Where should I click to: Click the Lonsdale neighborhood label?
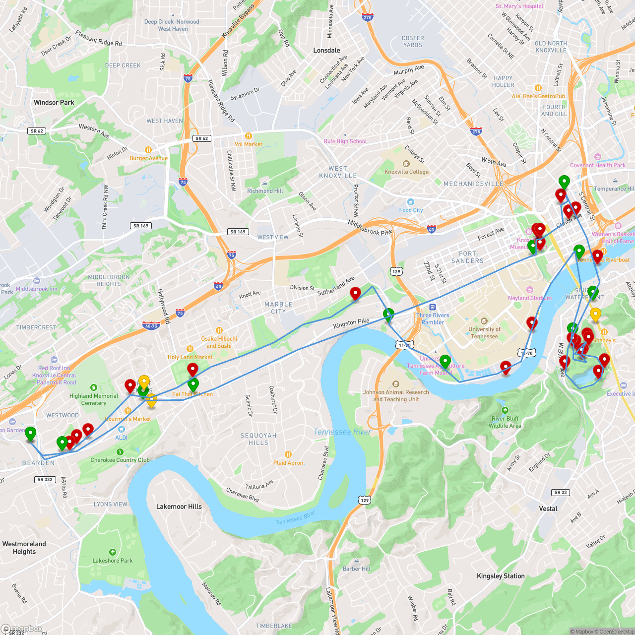coord(326,51)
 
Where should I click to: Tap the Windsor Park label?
coord(54,103)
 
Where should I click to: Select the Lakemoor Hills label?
coord(179,507)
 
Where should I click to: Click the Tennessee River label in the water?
coord(342,432)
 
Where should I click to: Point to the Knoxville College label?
coord(406,172)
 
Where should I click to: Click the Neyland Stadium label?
coord(529,298)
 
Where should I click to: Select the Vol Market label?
coord(248,144)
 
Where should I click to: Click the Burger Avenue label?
coord(148,158)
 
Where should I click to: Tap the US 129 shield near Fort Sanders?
coord(396,271)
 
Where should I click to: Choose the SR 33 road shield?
coord(561,492)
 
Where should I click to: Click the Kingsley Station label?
coord(501,576)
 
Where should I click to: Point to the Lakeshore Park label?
coord(113,561)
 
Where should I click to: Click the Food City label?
coord(411,210)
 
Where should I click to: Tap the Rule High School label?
coord(345,141)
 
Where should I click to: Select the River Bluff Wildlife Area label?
coord(505,422)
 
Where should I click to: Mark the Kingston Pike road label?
coord(351,323)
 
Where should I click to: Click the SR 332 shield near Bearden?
coord(45,479)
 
